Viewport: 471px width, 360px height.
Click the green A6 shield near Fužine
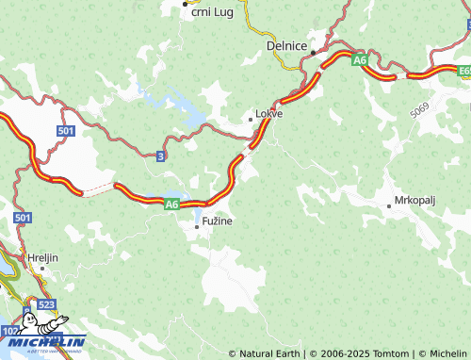point(171,203)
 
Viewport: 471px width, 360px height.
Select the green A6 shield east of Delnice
point(360,60)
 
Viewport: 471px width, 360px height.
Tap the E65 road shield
point(464,70)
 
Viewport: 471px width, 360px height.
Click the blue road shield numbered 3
point(162,155)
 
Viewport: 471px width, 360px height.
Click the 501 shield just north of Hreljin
point(24,218)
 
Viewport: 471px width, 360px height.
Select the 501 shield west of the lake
point(65,131)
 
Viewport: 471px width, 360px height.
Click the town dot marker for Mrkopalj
point(388,205)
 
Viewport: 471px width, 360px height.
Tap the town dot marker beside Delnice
point(313,52)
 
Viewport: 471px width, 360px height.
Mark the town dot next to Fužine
point(197,226)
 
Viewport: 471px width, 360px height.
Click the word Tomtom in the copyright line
point(391,353)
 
